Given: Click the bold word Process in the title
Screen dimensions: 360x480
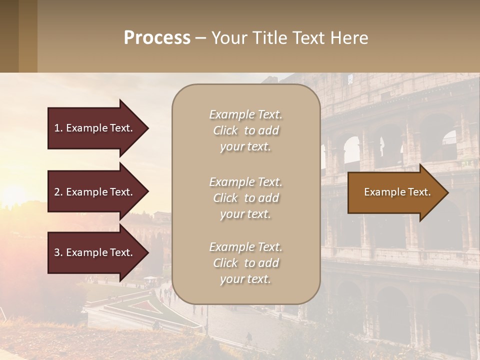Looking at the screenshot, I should (157, 38).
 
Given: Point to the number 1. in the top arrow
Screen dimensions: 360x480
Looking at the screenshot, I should (58, 128).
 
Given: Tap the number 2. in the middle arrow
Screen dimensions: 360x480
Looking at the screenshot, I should (58, 192).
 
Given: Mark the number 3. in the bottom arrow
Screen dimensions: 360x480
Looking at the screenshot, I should (58, 252).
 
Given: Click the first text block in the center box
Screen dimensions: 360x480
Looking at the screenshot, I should (245, 130).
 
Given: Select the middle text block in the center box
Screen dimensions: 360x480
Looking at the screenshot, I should (245, 198).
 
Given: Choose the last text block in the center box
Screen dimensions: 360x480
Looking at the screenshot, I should (245, 263).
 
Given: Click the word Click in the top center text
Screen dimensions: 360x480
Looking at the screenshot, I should (225, 130).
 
